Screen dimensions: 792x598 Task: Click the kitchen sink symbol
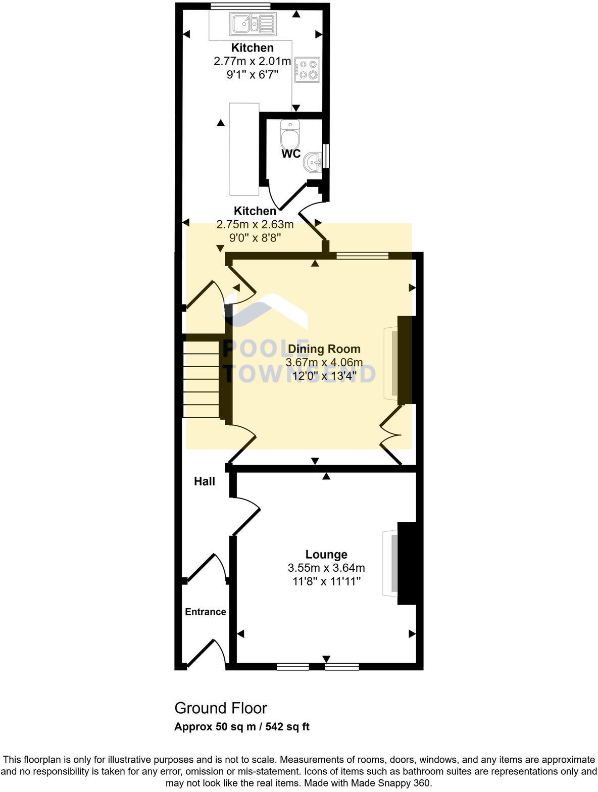click(x=253, y=23)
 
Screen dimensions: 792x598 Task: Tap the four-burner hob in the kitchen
click(x=307, y=70)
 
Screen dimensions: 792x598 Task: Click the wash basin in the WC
click(x=313, y=163)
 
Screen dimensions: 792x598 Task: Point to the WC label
click(x=291, y=154)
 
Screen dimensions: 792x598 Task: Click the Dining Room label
click(x=324, y=349)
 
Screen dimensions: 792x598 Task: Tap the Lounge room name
click(x=326, y=555)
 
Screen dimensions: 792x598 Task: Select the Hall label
click(x=205, y=481)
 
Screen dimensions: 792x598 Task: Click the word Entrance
click(x=205, y=612)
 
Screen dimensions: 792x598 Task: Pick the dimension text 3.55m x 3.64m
click(x=326, y=568)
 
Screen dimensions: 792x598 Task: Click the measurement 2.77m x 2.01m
click(x=253, y=62)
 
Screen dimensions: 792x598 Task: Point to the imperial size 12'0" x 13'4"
click(x=325, y=375)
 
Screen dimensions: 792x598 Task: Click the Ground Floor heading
click(x=221, y=708)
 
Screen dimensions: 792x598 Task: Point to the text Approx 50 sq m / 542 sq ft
click(x=241, y=727)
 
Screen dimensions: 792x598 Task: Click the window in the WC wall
click(x=326, y=156)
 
